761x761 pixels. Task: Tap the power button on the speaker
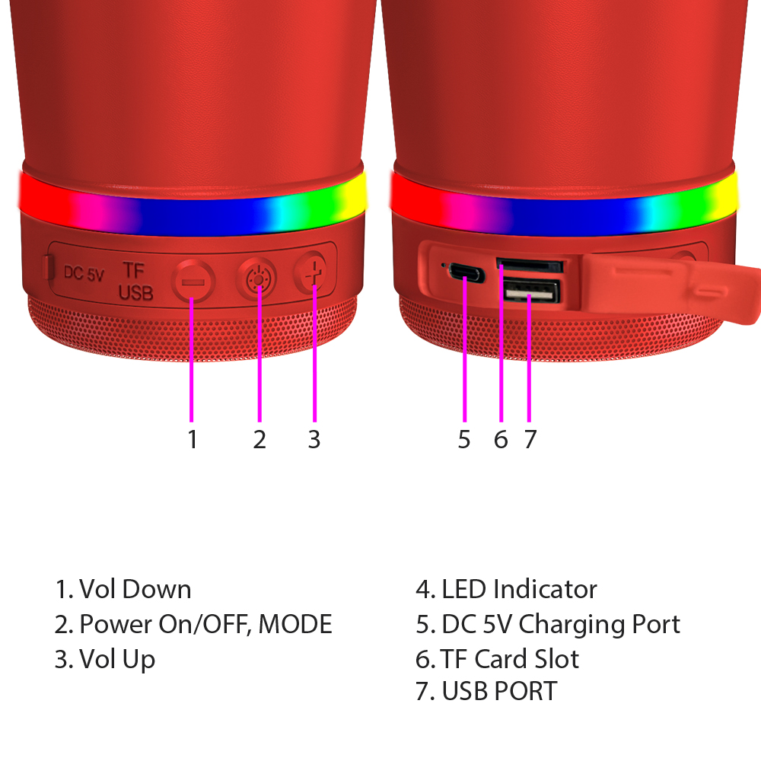pos(256,279)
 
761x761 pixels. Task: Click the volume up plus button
pos(310,272)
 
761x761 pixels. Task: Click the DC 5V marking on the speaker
pos(84,273)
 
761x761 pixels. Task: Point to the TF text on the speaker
pos(133,270)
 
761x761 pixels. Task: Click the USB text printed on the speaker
pos(136,292)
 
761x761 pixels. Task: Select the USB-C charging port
pos(466,272)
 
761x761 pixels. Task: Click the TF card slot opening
pos(529,266)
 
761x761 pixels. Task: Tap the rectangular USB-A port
pos(531,291)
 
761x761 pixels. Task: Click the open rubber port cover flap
pos(670,286)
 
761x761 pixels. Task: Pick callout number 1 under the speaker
pos(193,439)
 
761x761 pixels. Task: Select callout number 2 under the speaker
pos(260,439)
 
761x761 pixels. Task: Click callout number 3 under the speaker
pos(314,439)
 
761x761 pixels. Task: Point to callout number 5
pos(464,439)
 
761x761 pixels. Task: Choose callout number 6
pos(501,439)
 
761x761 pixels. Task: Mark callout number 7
pos(530,439)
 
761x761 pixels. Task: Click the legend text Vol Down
pos(135,589)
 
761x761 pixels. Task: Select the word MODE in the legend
pos(295,624)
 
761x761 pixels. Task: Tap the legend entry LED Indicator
pos(519,589)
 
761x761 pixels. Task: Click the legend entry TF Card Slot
pos(510,659)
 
